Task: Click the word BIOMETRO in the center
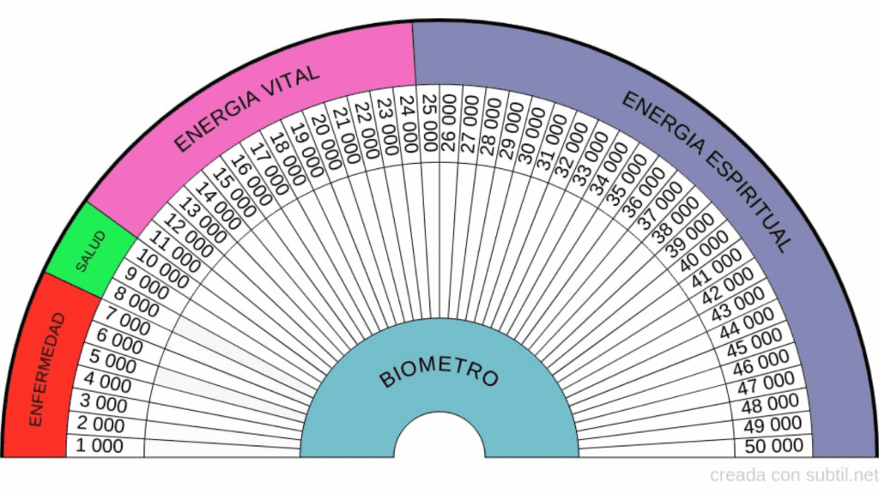click(x=439, y=374)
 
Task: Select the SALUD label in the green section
click(x=90, y=251)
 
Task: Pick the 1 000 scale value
click(x=100, y=446)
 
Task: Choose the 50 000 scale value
click(x=775, y=446)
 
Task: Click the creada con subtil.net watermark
click(x=794, y=474)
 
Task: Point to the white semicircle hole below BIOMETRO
click(x=439, y=438)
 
